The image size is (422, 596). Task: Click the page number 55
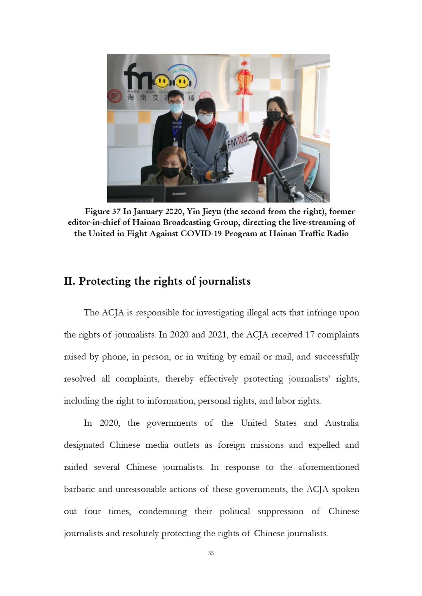coord(211,553)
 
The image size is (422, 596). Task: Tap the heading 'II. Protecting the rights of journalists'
coord(157,281)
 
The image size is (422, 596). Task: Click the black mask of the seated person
coord(170,172)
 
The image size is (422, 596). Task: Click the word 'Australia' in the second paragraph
coord(342,423)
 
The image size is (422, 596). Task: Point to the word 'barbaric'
coord(79,489)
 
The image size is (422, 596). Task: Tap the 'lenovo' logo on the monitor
coord(179,193)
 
